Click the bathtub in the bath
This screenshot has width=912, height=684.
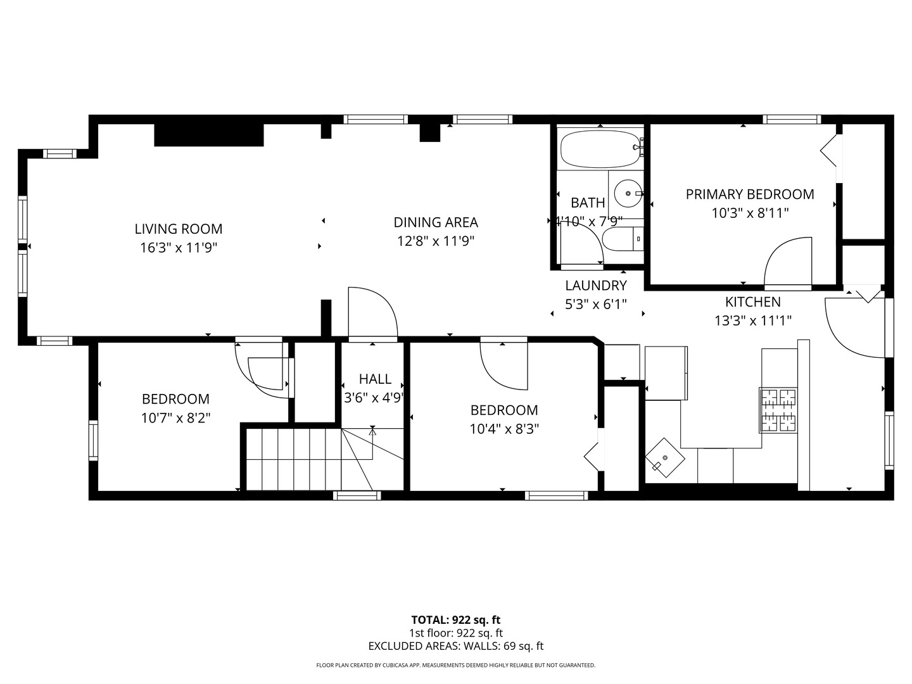pyautogui.click(x=599, y=149)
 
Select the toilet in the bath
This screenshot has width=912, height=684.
pyautogui.click(x=622, y=239)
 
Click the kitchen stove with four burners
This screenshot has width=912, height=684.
pyautogui.click(x=778, y=410)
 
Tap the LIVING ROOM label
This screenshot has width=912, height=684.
pyautogui.click(x=179, y=229)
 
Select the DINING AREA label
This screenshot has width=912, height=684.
pyautogui.click(x=436, y=222)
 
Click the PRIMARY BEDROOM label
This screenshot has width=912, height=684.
pyautogui.click(x=750, y=194)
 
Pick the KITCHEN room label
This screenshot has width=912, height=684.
pyautogui.click(x=753, y=302)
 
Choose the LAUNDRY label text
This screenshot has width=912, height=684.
pyautogui.click(x=596, y=286)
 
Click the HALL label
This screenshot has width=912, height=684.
pyautogui.click(x=375, y=379)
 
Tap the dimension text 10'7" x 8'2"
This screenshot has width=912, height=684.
pyautogui.click(x=175, y=418)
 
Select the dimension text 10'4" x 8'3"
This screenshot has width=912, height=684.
pyautogui.click(x=504, y=429)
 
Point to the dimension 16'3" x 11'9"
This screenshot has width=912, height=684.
pyautogui.click(x=179, y=248)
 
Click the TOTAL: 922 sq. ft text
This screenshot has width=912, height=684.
pyautogui.click(x=456, y=620)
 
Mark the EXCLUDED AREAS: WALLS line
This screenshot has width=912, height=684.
pyautogui.click(x=456, y=646)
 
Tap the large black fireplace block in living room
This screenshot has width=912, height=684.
pyautogui.click(x=209, y=135)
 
